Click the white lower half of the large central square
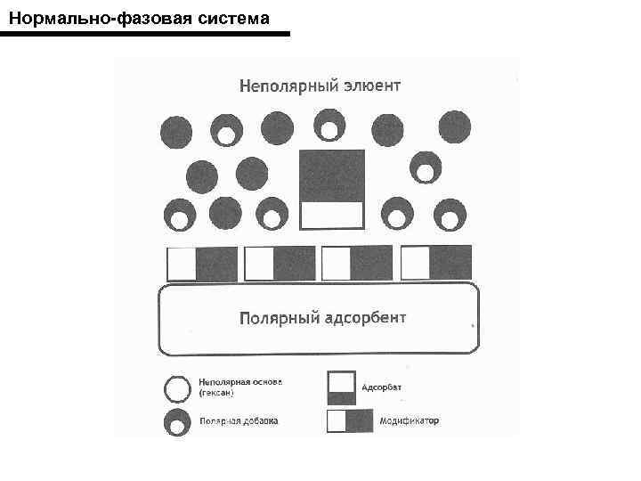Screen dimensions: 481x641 (x=331, y=216)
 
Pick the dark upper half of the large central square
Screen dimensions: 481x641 (x=331, y=175)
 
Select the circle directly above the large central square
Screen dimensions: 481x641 (x=329, y=126)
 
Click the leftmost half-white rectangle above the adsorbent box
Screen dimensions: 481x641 (x=202, y=264)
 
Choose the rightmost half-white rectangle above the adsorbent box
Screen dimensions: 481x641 (x=436, y=263)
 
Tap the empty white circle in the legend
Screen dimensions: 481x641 (x=177, y=388)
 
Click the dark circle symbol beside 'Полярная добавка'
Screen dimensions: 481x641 (x=177, y=422)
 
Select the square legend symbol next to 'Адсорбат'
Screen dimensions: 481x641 (x=341, y=387)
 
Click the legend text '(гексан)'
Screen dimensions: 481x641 (x=218, y=393)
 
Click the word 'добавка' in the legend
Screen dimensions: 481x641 (x=258, y=421)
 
